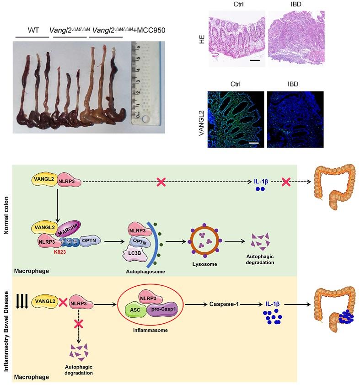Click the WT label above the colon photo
click(33, 30)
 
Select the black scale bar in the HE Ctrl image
click(255, 60)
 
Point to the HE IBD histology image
click(295, 39)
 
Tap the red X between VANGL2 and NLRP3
click(63, 303)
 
